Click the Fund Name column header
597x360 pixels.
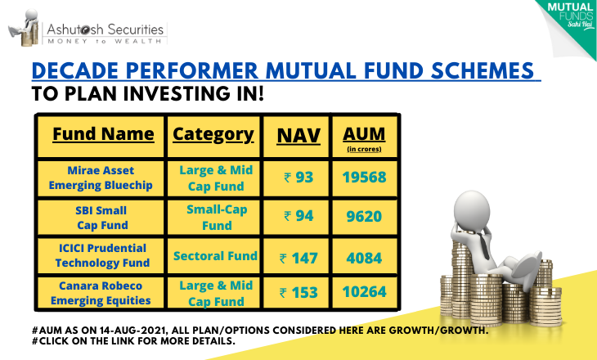[x=103, y=134]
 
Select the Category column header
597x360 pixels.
[x=213, y=134]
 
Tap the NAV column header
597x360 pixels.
[x=298, y=136]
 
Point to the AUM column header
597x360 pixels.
[x=364, y=137]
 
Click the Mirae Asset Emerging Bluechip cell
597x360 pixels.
[x=101, y=178]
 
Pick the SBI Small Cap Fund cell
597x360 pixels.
[x=101, y=218]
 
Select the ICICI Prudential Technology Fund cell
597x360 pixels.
[x=102, y=255]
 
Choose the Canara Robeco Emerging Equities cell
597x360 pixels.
[x=101, y=293]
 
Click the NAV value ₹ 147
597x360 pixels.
[x=298, y=259]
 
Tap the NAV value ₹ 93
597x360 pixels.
[x=298, y=178]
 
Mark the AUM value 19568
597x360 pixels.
[x=365, y=178]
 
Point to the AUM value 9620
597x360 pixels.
[x=364, y=216]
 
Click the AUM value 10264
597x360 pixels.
[x=365, y=292]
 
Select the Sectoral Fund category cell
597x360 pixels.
[x=216, y=256]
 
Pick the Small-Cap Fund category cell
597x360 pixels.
[x=217, y=217]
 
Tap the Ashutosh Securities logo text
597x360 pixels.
[x=105, y=29]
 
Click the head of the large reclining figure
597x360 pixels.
[x=471, y=211]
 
